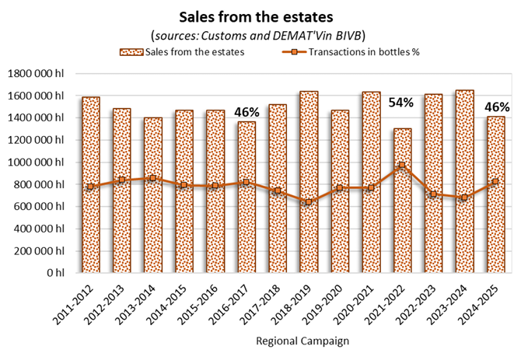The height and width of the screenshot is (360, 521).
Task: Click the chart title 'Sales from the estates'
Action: coord(260,16)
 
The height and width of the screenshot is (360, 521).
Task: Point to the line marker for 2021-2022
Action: coord(402,166)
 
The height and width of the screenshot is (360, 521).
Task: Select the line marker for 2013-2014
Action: coord(153,178)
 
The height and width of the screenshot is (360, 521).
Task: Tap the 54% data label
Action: coord(401,103)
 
